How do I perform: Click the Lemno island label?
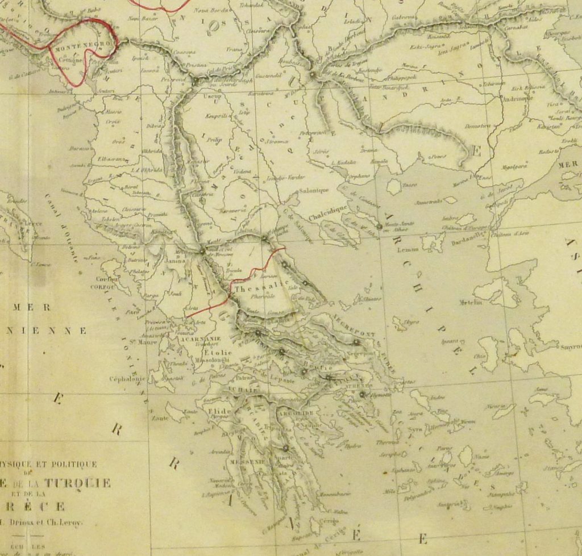click(x=409, y=249)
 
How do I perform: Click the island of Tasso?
click(x=394, y=187)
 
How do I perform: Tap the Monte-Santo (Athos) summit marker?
click(x=379, y=227)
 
